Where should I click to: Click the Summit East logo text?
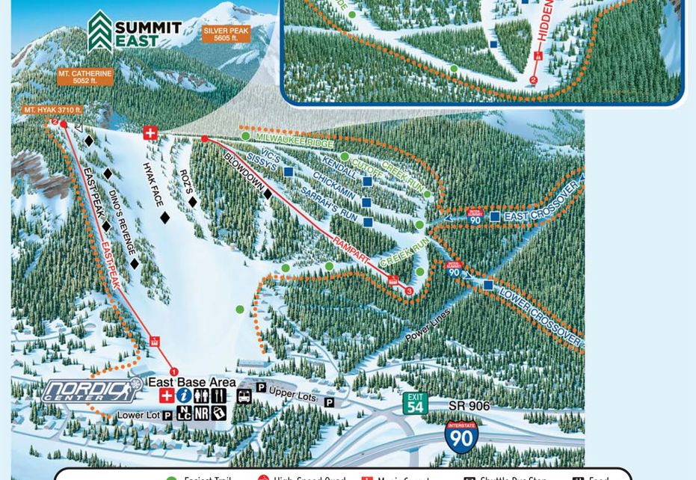pyautogui.click(x=147, y=34)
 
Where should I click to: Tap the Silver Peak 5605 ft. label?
pyautogui.click(x=225, y=34)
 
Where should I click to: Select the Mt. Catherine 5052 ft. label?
pyautogui.click(x=85, y=77)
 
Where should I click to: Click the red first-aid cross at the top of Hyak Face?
pyautogui.click(x=150, y=133)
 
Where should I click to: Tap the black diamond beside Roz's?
pyautogui.click(x=193, y=202)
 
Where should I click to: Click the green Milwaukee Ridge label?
pyautogui.click(x=294, y=140)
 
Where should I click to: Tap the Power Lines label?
pyautogui.click(x=428, y=325)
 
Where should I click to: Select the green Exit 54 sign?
pyautogui.click(x=415, y=403)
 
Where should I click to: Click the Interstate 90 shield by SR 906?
pyautogui.click(x=461, y=437)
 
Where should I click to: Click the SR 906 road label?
pyautogui.click(x=469, y=406)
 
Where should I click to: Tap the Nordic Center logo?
pyautogui.click(x=91, y=390)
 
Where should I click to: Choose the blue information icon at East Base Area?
pyautogui.click(x=184, y=396)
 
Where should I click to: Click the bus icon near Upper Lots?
pyautogui.click(x=244, y=396)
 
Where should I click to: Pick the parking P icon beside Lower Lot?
pyautogui.click(x=167, y=415)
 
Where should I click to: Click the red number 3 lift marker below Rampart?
pyautogui.click(x=409, y=291)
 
